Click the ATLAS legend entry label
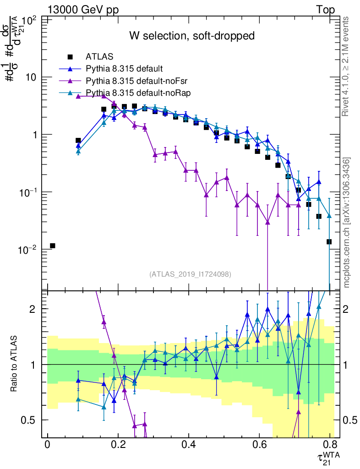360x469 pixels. pyautogui.click(x=99, y=57)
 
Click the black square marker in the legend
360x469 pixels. pyautogui.click(x=71, y=57)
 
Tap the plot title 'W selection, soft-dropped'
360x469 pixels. pyautogui.click(x=192, y=36)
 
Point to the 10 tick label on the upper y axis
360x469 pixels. pyautogui.click(x=31, y=77)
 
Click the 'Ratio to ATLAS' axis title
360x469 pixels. pyautogui.click(x=15, y=364)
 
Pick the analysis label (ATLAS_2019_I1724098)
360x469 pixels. pyautogui.click(x=190, y=274)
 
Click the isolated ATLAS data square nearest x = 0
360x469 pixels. pyautogui.click(x=53, y=246)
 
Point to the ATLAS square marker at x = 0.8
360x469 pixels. pyautogui.click(x=329, y=241)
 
